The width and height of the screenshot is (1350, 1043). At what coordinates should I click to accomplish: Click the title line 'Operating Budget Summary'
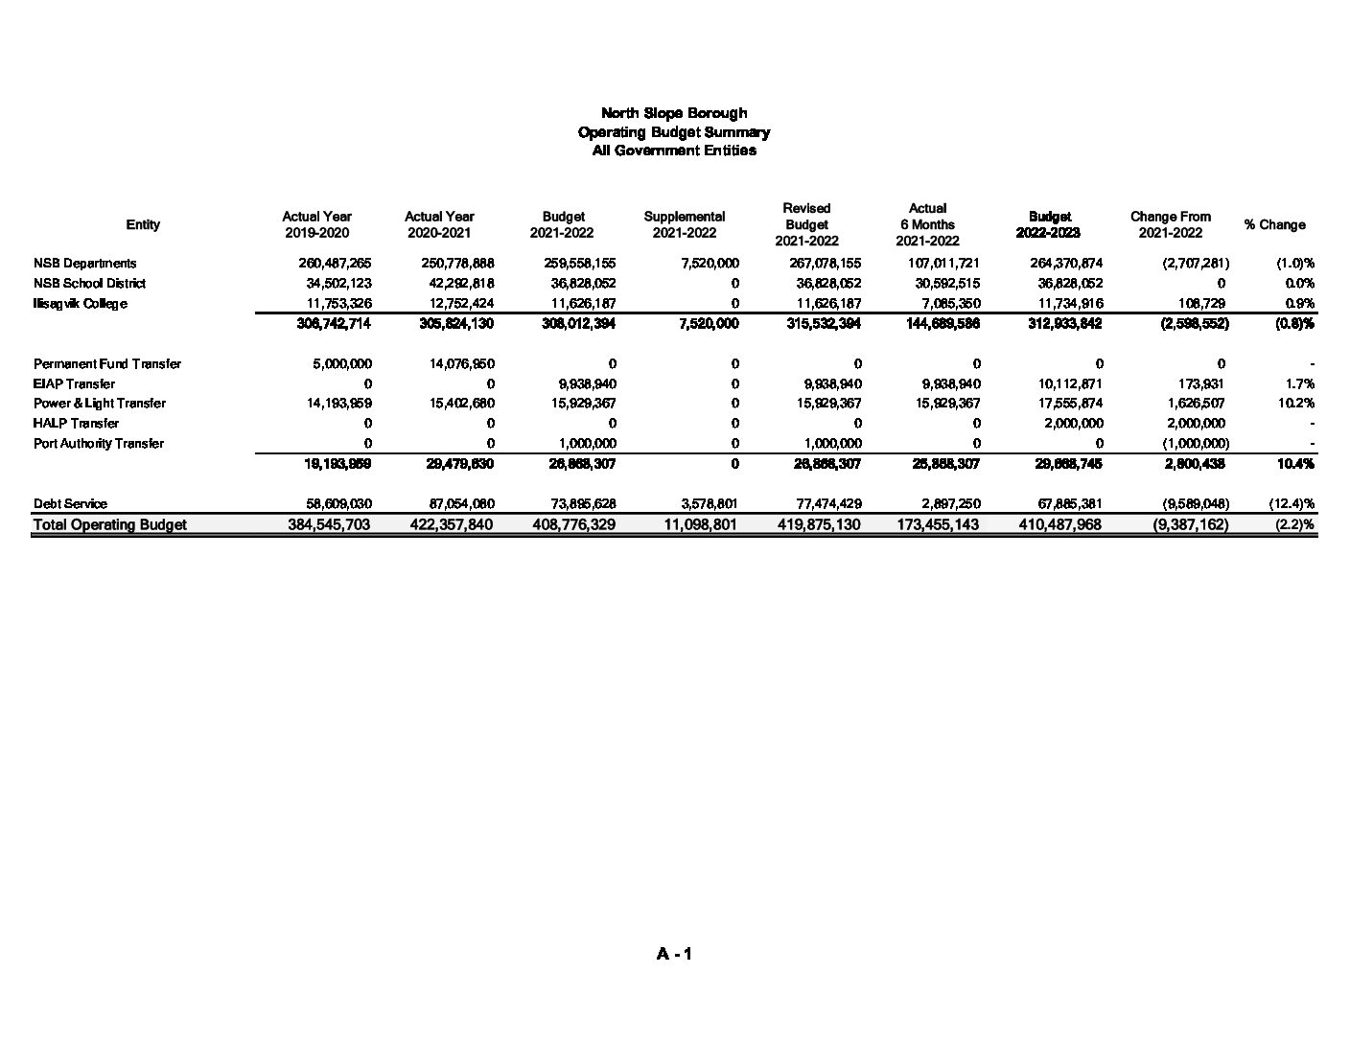(x=673, y=132)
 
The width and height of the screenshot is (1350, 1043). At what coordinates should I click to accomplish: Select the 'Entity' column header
(x=143, y=224)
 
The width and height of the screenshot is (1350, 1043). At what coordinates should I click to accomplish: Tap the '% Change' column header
(x=1274, y=224)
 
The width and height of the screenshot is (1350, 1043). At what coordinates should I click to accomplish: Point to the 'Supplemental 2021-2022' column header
(x=684, y=224)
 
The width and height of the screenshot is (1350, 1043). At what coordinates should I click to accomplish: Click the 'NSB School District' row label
(x=89, y=283)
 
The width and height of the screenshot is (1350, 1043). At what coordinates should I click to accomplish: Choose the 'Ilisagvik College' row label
(x=80, y=303)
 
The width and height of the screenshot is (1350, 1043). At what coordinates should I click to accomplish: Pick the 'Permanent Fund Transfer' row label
(x=107, y=363)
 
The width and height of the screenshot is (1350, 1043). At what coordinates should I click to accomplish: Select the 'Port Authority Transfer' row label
(x=99, y=443)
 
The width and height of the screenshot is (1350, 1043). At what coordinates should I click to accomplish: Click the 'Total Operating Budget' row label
(x=110, y=524)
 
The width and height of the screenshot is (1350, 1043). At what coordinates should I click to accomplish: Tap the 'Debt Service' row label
(x=70, y=503)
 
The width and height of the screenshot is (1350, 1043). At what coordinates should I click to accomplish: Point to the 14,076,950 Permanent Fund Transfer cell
(x=457, y=363)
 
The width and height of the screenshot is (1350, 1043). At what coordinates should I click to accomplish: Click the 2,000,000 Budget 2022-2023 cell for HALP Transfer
(x=1074, y=423)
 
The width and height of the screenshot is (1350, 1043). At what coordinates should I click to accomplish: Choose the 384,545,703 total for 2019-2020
(x=329, y=524)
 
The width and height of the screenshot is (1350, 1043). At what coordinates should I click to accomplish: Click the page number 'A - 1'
(x=674, y=954)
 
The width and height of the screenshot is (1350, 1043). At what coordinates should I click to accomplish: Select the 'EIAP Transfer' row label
(x=74, y=383)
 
